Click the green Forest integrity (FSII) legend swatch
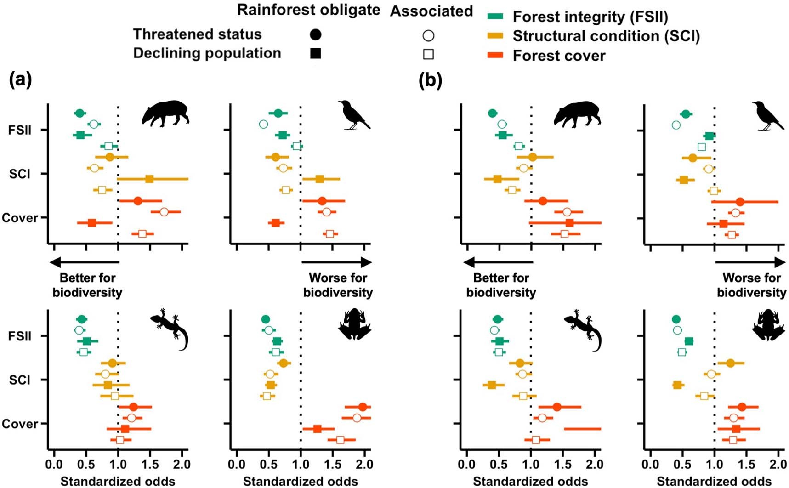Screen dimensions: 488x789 (495, 17)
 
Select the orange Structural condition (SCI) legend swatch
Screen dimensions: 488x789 (495, 36)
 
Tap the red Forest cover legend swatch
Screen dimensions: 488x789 (495, 56)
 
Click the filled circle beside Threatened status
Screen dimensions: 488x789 (316, 34)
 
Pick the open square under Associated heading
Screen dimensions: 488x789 (428, 54)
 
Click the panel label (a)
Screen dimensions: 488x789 (21, 80)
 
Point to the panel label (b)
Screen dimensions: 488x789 (430, 80)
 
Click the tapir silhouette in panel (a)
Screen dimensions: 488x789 (165, 113)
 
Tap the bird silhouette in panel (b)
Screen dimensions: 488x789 (767, 115)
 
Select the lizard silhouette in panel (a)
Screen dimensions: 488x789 (170, 328)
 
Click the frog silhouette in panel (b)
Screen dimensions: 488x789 (768, 324)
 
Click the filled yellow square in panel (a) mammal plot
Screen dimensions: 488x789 (149, 179)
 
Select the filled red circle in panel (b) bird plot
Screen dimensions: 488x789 (740, 201)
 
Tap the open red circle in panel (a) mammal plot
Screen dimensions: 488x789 (164, 212)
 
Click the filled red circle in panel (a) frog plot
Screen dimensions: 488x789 (363, 407)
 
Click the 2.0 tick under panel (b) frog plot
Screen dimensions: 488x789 (778, 465)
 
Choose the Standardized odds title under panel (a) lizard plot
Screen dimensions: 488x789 (118, 481)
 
